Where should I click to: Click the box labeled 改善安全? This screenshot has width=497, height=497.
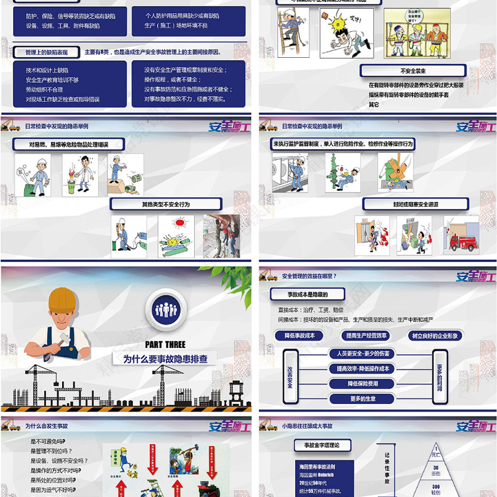coord(290,376)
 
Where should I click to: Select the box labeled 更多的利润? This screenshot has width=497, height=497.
coord(440,376)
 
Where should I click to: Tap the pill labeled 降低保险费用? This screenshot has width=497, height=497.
coord(363,383)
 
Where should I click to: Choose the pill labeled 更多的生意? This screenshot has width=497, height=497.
coord(363,398)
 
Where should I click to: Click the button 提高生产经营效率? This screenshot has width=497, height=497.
coord(366,335)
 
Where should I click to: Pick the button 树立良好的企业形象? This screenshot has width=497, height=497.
coord(437,335)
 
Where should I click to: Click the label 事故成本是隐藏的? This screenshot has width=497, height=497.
coord(307,294)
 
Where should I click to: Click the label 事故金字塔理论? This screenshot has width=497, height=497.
coord(326,445)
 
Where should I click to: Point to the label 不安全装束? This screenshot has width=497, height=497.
coord(413,71)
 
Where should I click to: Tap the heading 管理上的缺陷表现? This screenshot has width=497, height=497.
coord(47,52)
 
